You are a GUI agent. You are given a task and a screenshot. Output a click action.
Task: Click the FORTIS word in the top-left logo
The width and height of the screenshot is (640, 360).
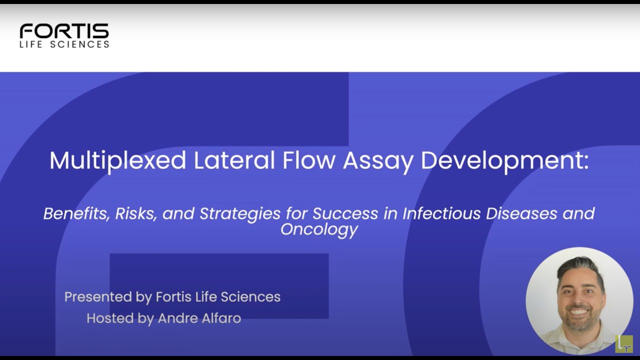[x=64, y=31]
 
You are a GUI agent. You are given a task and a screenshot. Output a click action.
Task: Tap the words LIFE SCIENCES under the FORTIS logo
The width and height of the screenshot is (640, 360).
[x=64, y=44]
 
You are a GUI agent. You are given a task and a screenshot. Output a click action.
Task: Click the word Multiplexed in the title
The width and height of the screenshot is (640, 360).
[x=117, y=160]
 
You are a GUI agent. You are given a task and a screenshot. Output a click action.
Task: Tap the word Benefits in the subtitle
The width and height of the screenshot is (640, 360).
[x=74, y=213]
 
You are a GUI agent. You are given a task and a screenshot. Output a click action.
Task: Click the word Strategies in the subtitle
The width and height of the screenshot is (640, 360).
[x=240, y=214]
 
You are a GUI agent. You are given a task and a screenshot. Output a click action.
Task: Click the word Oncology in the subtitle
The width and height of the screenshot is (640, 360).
[x=319, y=229]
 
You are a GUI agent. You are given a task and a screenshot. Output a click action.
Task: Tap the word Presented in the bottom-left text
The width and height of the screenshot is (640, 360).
[x=98, y=297]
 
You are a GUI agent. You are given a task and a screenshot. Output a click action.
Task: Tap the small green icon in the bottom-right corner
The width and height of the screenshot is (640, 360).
[x=624, y=344]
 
